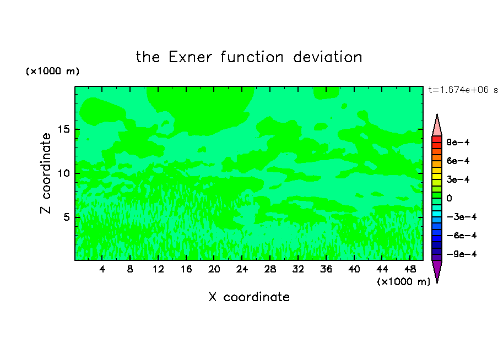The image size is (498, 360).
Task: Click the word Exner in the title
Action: coord(190,57)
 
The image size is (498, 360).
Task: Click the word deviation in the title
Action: coord(327,57)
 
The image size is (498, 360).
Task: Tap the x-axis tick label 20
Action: coord(214,269)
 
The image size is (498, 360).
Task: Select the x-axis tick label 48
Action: coord(410,269)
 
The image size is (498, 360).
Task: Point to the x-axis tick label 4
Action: coord(102,269)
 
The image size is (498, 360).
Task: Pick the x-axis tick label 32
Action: coord(298,269)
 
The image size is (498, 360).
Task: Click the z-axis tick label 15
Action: coord(63,129)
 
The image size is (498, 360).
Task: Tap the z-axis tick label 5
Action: coord(66,217)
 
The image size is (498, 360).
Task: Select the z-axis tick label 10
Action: coord(63,173)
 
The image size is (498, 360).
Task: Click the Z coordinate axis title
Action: coord(45,173)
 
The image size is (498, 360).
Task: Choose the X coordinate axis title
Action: coord(249,297)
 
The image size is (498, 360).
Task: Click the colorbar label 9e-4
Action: coord(458,142)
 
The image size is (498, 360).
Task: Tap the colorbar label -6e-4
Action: coord(462,236)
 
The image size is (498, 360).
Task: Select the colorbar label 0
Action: coord(449,198)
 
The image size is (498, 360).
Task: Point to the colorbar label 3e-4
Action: coord(458,179)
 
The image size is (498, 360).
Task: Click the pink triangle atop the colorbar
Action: coord(437,127)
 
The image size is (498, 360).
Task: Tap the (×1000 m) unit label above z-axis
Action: coord(52,71)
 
